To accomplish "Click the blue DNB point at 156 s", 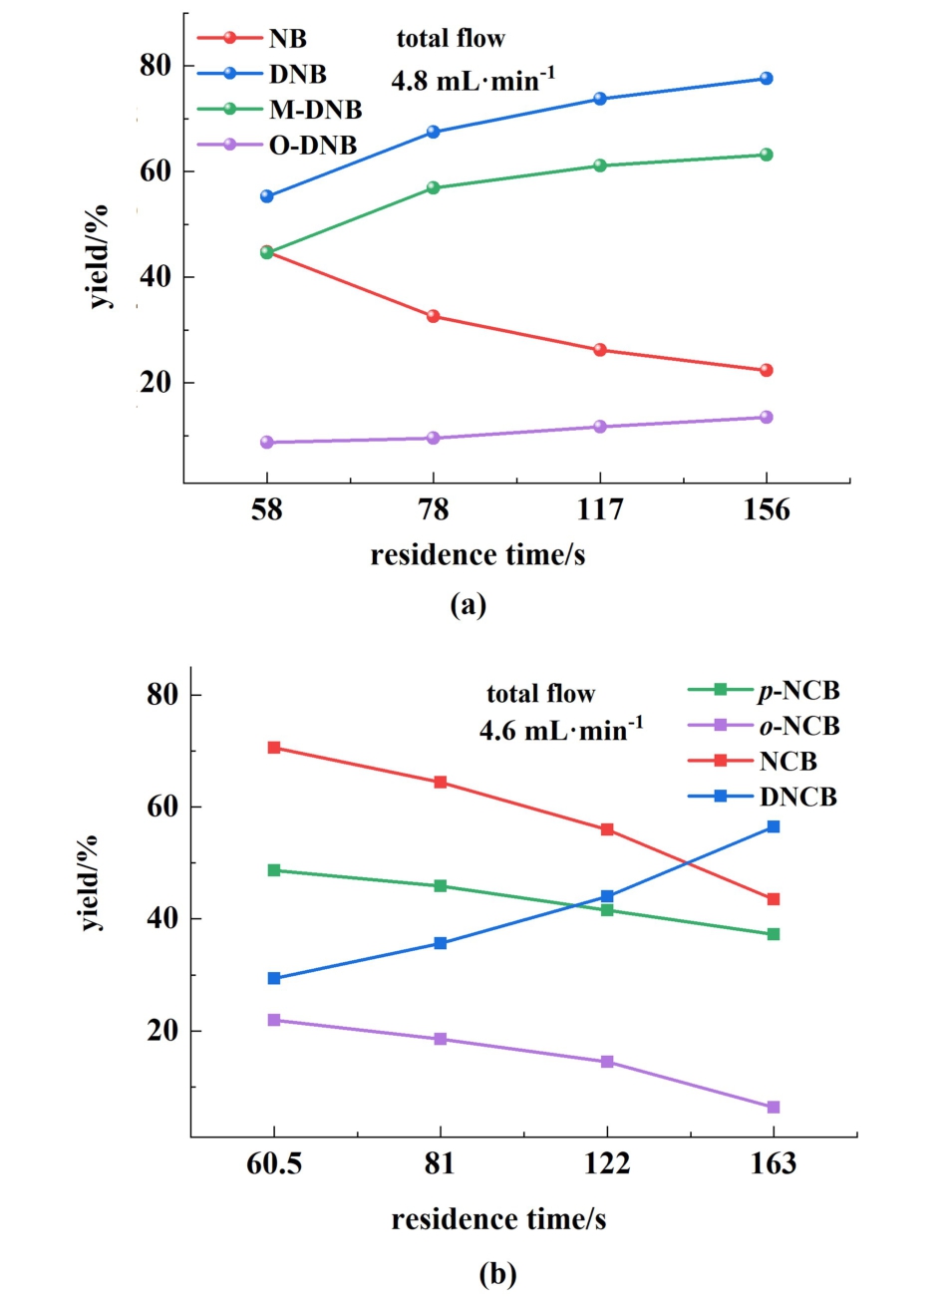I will click(766, 79).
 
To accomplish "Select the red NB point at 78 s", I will click(433, 316).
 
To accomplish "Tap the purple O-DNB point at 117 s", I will click(600, 427).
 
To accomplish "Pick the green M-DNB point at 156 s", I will click(766, 155).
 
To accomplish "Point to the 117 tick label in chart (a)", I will click(600, 510).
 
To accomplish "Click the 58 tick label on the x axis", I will click(267, 510).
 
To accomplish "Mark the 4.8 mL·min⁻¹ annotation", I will click(472, 80).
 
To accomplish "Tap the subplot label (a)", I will click(469, 604).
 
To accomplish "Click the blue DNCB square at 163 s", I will click(773, 826).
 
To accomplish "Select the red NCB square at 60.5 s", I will click(274, 748).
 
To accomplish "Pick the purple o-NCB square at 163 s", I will click(773, 1108).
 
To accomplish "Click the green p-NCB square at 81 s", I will click(441, 886).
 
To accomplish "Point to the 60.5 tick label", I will click(274, 1164).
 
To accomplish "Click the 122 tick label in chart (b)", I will click(607, 1164).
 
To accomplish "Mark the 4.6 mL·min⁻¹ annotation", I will click(560, 730).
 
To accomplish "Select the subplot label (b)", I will click(497, 1273).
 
